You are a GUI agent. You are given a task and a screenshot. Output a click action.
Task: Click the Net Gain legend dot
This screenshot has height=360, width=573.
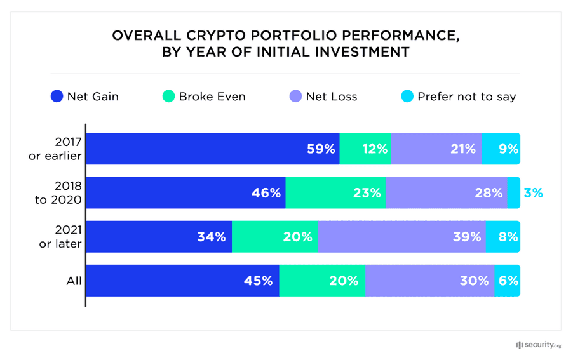point(56,97)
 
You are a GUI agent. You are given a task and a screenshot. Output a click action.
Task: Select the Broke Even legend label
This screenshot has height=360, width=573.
point(212,97)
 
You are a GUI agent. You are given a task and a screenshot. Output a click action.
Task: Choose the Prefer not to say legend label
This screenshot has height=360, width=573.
point(466,97)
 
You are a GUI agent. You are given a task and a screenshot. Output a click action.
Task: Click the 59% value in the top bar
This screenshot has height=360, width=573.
point(321,149)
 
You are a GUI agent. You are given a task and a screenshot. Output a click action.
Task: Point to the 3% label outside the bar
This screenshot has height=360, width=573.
point(533,193)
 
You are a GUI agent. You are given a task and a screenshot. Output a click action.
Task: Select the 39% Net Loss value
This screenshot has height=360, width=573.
point(467,237)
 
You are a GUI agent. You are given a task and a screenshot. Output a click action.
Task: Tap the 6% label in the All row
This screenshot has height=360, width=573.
point(508,281)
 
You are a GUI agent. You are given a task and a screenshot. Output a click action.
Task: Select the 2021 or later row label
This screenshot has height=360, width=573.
point(59,237)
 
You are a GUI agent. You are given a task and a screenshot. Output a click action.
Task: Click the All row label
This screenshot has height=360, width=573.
point(74,281)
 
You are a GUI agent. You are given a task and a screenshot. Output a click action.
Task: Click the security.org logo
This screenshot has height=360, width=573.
point(538,345)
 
